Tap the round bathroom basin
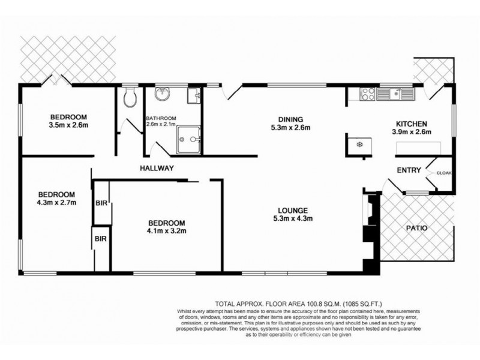(x=162, y=94)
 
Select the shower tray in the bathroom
(x=188, y=140)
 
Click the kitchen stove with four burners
(x=368, y=94)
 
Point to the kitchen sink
(x=395, y=94)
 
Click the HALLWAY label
(x=157, y=168)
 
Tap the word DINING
(x=290, y=119)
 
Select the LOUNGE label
(x=293, y=211)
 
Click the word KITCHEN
(x=412, y=124)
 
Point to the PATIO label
(x=416, y=228)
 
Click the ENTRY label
(x=409, y=170)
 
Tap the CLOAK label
(x=444, y=173)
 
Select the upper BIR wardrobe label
(x=101, y=203)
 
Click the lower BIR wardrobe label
(x=100, y=238)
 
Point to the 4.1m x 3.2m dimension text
(x=167, y=231)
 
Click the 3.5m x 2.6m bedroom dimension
(x=68, y=125)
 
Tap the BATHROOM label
(x=161, y=118)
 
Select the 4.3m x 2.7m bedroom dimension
(x=56, y=202)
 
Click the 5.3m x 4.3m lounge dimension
(x=293, y=218)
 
